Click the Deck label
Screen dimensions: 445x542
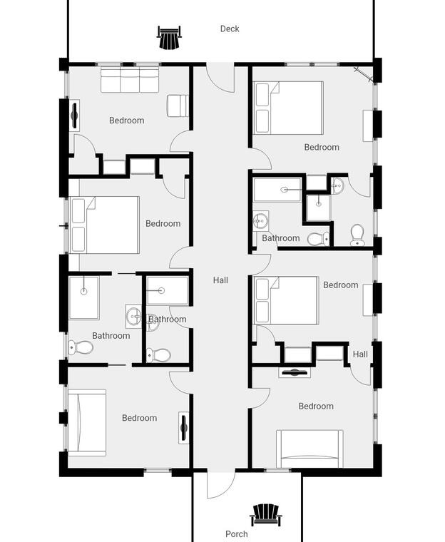coord(230,29)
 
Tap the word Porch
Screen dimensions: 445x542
coord(237,534)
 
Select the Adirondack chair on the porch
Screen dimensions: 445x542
coord(265,515)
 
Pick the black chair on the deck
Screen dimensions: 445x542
coord(169,37)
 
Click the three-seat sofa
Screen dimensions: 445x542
coord(130,80)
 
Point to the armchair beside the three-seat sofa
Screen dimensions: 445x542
coord(178,106)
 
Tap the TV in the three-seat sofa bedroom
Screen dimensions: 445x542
coord(74,115)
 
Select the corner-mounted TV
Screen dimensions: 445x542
coord(364,75)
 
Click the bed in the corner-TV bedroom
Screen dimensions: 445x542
coord(288,108)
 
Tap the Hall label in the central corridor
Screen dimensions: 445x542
coord(220,280)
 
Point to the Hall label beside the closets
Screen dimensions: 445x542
coord(360,354)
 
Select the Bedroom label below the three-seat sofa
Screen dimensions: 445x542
coord(126,121)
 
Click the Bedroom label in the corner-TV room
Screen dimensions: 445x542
coord(322,147)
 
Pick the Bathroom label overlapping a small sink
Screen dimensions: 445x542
coord(168,319)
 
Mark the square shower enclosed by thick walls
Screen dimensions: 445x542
coord(319,207)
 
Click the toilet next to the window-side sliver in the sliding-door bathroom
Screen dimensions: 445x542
coord(81,347)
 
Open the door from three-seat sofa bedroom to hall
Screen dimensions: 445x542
coord(180,142)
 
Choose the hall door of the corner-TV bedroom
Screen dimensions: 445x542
coord(260,159)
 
